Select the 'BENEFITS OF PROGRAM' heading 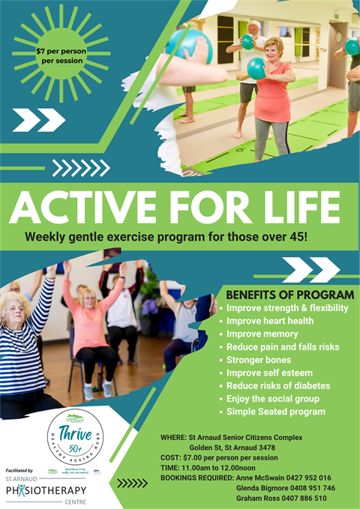[289, 294]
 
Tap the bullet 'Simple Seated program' [275, 412]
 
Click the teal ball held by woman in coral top [256, 69]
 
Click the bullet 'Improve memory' [262, 334]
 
